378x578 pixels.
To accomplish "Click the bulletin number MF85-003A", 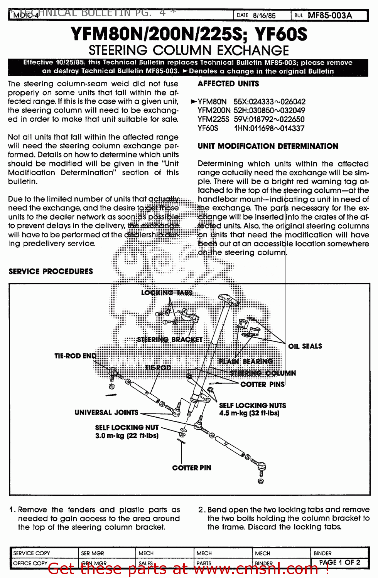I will coord(330,15).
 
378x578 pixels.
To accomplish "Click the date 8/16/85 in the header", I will coord(264,15).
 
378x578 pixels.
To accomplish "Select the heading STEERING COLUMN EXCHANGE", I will coord(189,50).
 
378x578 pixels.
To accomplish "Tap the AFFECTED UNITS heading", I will coord(228,84).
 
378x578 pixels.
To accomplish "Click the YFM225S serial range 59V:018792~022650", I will coord(269,119).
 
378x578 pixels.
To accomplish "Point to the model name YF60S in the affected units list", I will coord(208,128).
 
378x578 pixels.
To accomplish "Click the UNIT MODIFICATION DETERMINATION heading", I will coord(268,146).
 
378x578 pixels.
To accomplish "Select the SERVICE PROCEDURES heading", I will coord(51,271).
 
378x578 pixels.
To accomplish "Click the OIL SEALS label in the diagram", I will coord(305,346).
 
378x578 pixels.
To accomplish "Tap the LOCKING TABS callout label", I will coord(167,293).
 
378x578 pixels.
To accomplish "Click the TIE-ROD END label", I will coord(75,356).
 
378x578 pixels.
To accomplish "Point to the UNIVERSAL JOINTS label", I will coord(106,412).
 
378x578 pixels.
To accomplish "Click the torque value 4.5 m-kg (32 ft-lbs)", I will coord(249,413).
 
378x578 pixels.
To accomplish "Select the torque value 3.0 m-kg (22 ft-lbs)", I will coord(127,436).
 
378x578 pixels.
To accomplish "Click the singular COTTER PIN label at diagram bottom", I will coord(192,468).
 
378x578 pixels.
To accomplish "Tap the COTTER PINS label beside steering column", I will coord(262,384).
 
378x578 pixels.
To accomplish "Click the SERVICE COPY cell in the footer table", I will coord(32,553).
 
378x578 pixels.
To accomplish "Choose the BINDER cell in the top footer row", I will coord(322,553).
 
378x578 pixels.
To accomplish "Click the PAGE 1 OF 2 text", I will coord(339,563).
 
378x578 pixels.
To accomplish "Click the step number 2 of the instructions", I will coord(201,509).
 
